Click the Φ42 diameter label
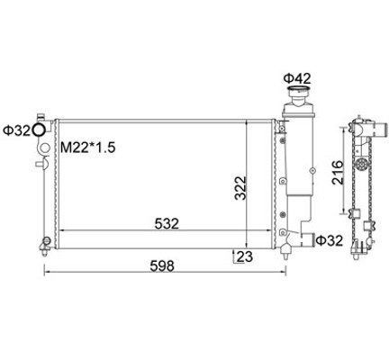click(297, 78)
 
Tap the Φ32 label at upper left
click(16, 130)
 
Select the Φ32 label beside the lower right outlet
click(330, 240)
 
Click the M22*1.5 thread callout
click(88, 148)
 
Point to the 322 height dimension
click(240, 188)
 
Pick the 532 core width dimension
click(167, 223)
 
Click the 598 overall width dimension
click(162, 265)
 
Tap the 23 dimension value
click(245, 256)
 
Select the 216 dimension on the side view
click(338, 173)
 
